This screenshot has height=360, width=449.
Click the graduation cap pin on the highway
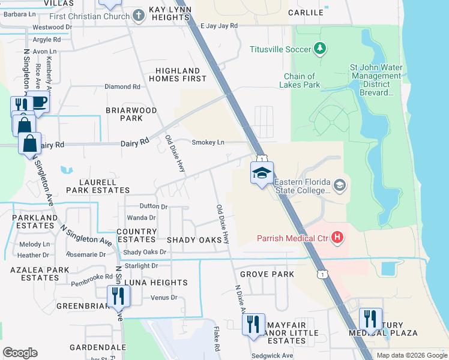[261, 173]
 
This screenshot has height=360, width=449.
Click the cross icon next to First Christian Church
[139, 16]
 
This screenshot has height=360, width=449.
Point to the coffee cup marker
[38, 103]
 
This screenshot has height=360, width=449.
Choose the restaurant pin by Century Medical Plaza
[370, 319]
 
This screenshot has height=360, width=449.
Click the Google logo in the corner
[20, 353]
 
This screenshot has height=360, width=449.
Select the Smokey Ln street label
[208, 142]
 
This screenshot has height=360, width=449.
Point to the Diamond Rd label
[122, 86]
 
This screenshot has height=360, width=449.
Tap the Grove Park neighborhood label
[267, 274]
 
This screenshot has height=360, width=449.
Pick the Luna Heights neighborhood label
[155, 283]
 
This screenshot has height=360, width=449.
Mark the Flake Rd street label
[215, 339]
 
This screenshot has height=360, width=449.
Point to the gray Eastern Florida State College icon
[340, 185]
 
